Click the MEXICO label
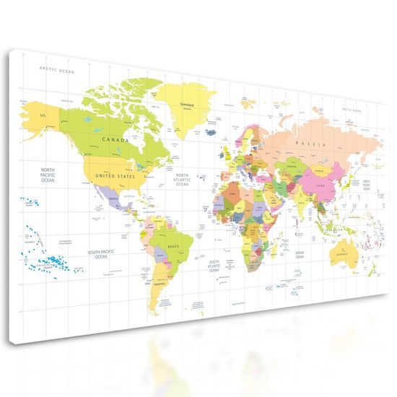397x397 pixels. click(113, 196)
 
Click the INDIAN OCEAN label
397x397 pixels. click(300, 255)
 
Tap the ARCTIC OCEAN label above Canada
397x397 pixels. click(57, 70)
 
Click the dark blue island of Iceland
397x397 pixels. click(210, 132)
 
